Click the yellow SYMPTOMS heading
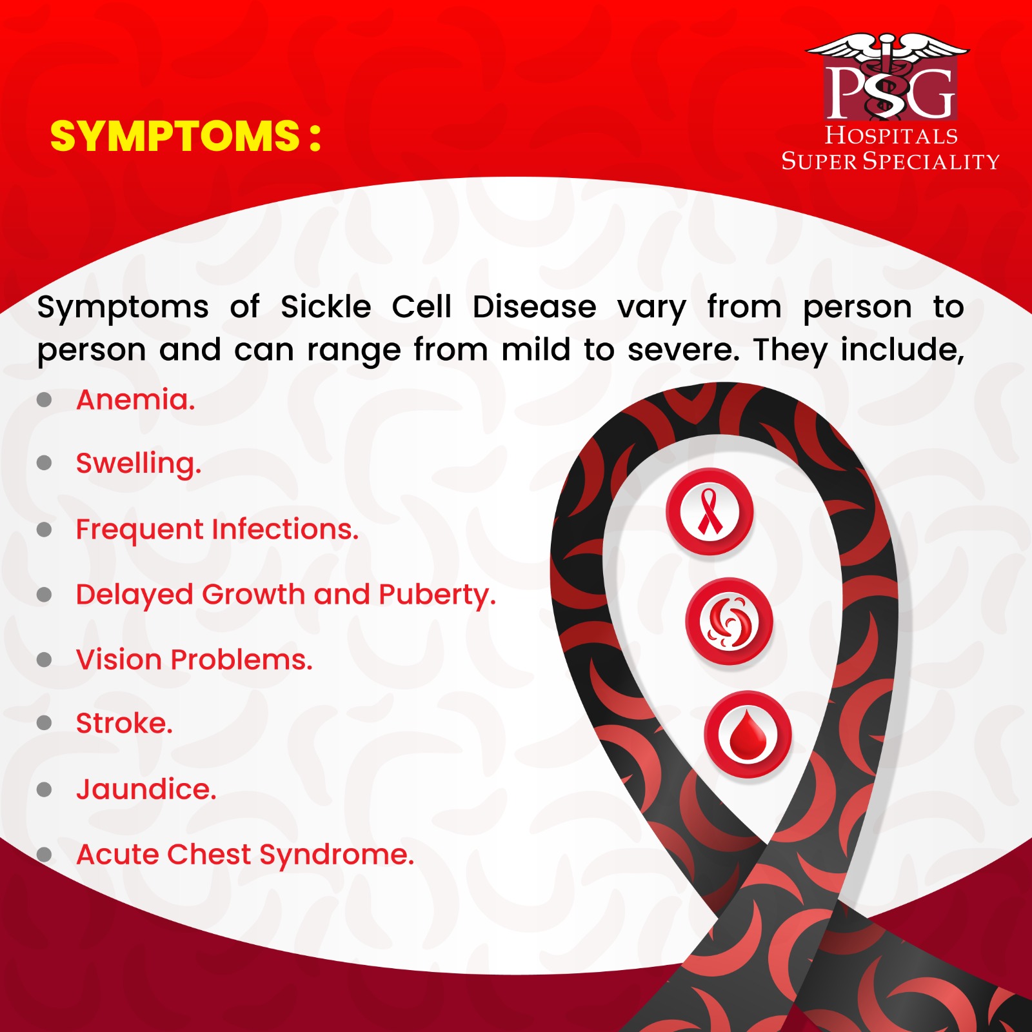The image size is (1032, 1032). click(186, 136)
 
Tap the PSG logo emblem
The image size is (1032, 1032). click(889, 77)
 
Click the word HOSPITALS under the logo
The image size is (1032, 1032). click(891, 135)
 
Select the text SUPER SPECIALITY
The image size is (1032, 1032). click(890, 161)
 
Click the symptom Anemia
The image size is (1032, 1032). click(135, 400)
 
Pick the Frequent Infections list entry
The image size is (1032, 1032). click(217, 530)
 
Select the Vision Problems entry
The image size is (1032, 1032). click(194, 660)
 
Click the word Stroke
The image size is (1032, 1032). click(124, 724)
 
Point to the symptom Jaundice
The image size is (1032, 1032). click(146, 789)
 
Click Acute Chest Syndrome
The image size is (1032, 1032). click(245, 855)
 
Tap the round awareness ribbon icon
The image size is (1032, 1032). click(709, 511)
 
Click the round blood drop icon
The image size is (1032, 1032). click(748, 735)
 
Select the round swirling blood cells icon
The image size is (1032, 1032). click(729, 621)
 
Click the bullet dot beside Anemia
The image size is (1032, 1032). click(45, 400)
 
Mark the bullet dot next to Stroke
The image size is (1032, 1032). click(45, 723)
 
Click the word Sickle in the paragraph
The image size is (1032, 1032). click(326, 307)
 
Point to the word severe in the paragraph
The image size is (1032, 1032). click(684, 350)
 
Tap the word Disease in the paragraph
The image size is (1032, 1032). click(535, 307)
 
